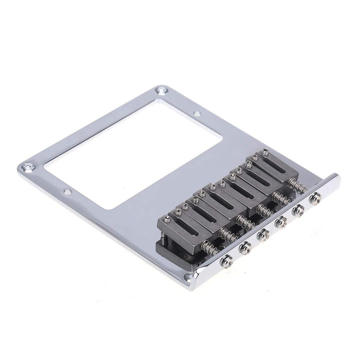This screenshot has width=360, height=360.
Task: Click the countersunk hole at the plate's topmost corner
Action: pyautogui.click(x=162, y=91)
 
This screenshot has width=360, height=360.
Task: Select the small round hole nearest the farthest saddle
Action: pyautogui.click(x=197, y=114)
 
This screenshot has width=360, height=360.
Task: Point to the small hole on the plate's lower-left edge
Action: pyautogui.click(x=67, y=192)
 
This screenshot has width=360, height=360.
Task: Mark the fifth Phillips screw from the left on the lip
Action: pyautogui.click(x=297, y=211)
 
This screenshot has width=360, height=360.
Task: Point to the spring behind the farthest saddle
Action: pyautogui.click(x=296, y=186)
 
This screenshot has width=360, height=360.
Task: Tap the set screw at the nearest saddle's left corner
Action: pyautogui.click(x=166, y=220)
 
